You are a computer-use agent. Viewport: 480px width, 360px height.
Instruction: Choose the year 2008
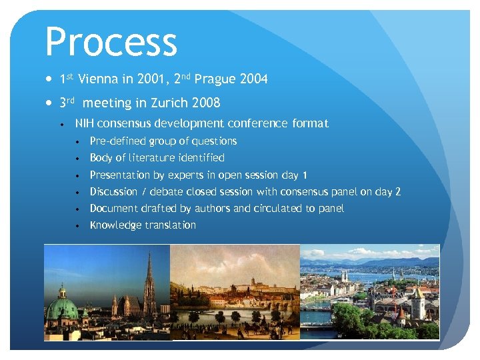tap(205, 103)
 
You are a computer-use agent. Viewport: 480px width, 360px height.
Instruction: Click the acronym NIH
tap(85, 123)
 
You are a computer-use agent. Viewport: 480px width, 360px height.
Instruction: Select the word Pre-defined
tap(117, 141)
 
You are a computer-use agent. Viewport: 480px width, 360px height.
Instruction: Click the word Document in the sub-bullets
tap(112, 209)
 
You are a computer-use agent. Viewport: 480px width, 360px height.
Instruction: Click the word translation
tap(171, 225)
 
